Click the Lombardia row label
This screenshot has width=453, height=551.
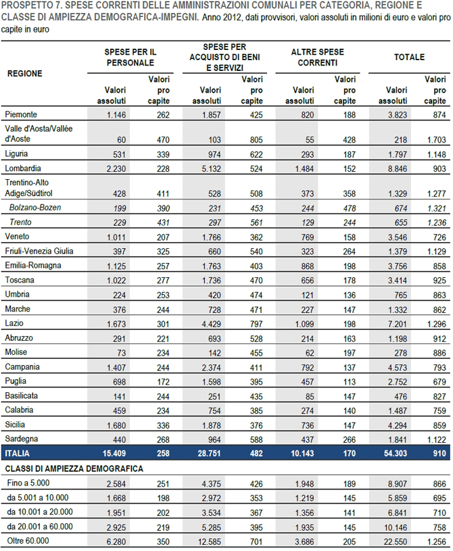click(23, 168)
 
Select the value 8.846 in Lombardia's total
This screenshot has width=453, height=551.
click(397, 169)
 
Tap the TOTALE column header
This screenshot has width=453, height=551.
click(409, 57)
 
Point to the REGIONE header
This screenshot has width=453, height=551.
click(24, 74)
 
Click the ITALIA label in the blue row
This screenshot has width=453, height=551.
click(17, 454)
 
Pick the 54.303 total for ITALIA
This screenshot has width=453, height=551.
click(396, 454)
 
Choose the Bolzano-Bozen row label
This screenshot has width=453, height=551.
click(35, 208)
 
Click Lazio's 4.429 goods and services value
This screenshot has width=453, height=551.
click(211, 324)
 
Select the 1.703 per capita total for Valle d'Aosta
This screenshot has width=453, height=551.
click(437, 140)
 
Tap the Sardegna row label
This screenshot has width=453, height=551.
click(22, 439)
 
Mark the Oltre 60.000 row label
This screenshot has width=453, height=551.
click(28, 541)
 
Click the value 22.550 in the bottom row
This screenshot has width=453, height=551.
click(396, 542)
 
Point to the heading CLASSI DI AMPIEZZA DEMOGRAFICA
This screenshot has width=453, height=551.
click(74, 469)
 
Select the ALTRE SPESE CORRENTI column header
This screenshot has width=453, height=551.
click(317, 57)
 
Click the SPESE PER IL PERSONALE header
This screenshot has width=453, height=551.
click(130, 57)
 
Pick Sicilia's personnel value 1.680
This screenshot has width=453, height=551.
click(116, 425)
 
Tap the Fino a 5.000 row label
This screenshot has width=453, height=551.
click(28, 483)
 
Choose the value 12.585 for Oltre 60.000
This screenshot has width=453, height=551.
click(210, 542)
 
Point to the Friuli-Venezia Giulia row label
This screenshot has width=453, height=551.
click(39, 251)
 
